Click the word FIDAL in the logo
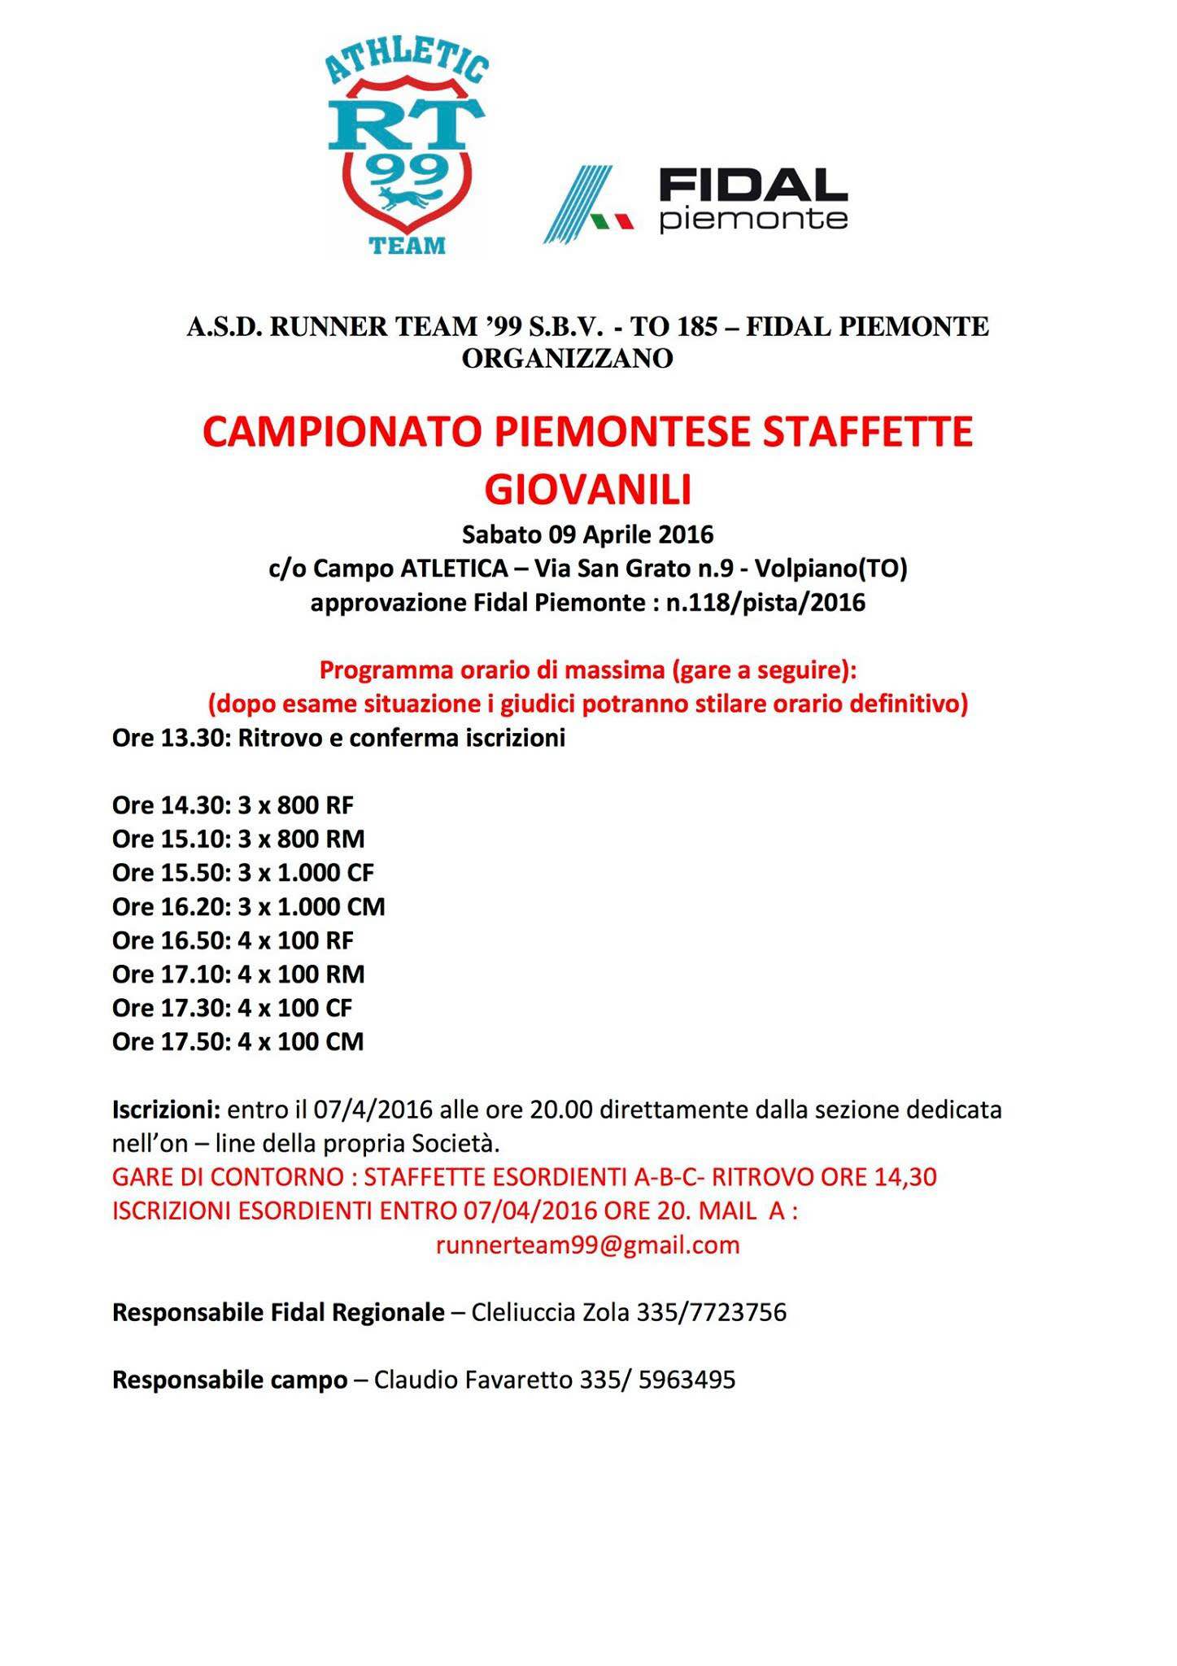pos(752,185)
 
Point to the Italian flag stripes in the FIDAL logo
pos(611,220)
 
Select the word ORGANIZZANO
pos(567,358)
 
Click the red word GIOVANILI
pos(587,490)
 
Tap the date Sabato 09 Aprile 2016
pos(587,534)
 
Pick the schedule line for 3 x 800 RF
pos(233,805)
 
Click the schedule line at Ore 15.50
pos(242,873)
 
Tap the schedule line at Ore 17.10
pos(238,974)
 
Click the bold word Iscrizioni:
pos(166,1110)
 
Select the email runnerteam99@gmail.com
pos(587,1245)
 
